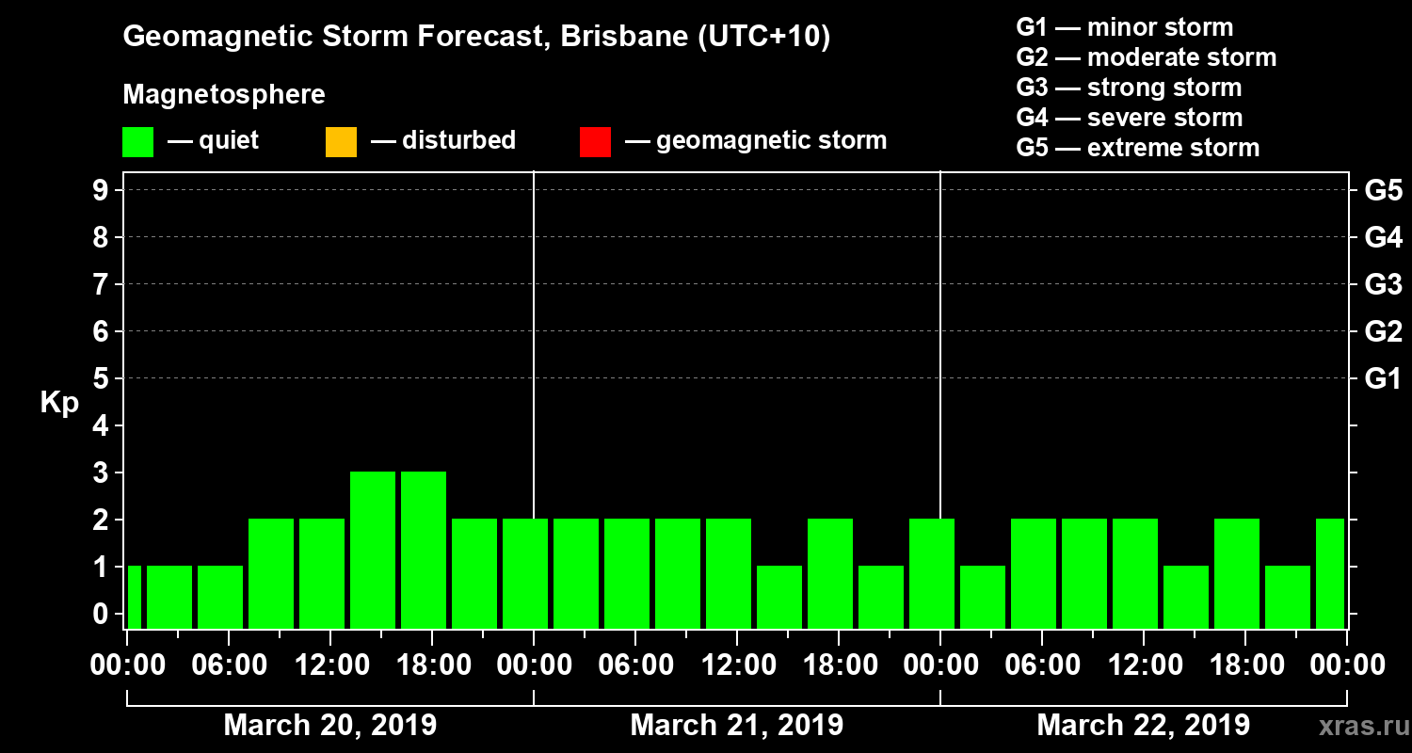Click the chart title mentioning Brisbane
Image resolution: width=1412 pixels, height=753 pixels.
(476, 38)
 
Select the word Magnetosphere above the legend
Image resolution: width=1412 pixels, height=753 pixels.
(224, 95)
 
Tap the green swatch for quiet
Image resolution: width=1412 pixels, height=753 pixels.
(137, 142)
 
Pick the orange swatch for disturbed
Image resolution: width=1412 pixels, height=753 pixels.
(341, 142)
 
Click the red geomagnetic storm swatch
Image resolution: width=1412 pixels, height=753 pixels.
(595, 142)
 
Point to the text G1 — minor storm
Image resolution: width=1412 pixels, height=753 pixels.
(1124, 27)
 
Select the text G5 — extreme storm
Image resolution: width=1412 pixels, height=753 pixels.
(1137, 148)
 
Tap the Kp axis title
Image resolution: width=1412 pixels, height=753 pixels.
(59, 403)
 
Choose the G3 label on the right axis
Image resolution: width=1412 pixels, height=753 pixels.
(1383, 284)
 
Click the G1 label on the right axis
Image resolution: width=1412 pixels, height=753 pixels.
(1383, 378)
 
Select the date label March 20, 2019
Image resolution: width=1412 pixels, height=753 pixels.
(329, 726)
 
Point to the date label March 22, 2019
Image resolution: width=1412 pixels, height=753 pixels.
(1143, 726)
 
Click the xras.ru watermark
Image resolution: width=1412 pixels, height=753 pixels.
(1356, 726)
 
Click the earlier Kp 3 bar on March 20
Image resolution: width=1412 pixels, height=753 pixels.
(373, 550)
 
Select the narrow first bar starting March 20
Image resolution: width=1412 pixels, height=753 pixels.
(134, 597)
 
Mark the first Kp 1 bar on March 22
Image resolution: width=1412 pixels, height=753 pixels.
(983, 597)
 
